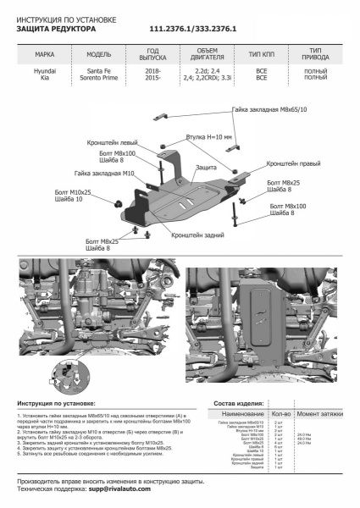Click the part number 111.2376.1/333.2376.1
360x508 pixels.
tap(193, 29)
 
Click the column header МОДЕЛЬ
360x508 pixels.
tap(99, 53)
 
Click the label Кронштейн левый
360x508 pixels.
tap(110, 143)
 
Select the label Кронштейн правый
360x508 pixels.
tap(292, 162)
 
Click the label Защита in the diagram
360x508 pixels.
tap(205, 168)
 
